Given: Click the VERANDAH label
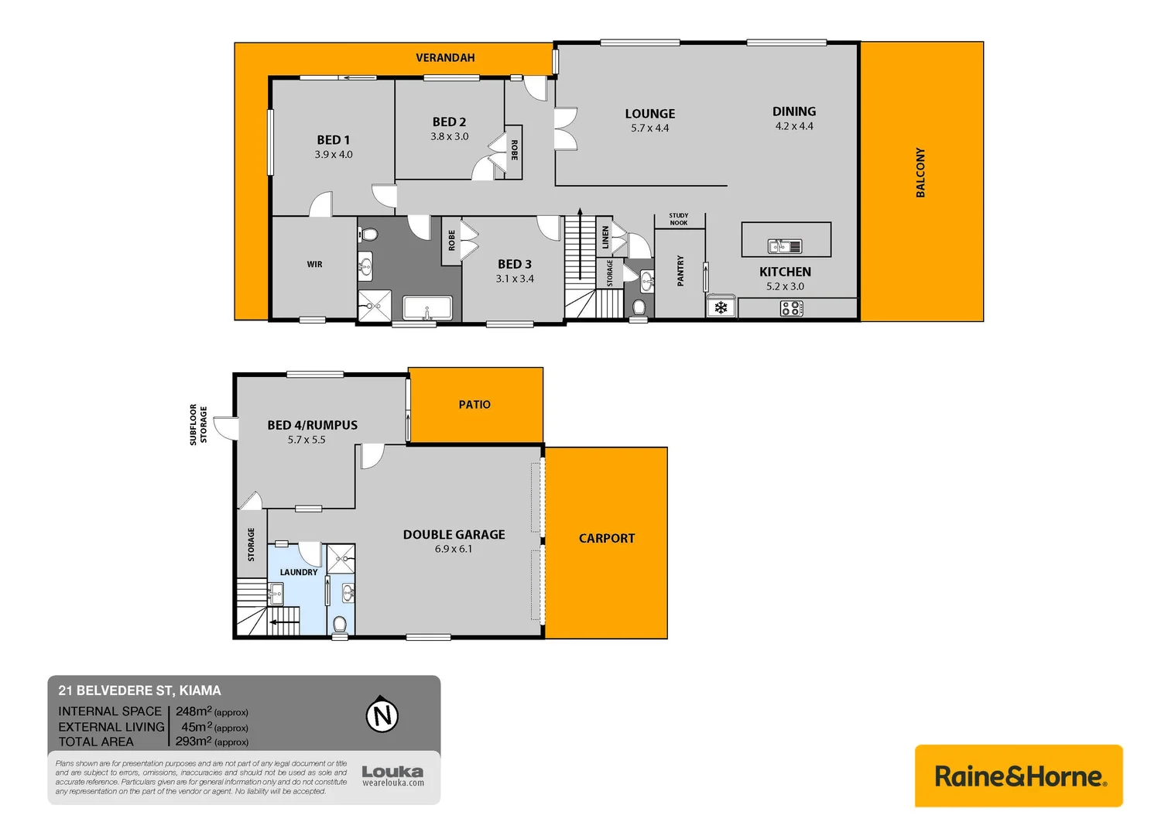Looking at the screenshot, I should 445,58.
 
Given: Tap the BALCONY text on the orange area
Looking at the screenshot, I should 920,173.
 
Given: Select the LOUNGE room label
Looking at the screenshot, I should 649,114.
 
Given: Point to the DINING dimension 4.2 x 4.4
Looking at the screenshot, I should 794,126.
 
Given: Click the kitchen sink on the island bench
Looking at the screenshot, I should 784,246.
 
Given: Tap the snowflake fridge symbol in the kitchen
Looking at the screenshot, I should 721,308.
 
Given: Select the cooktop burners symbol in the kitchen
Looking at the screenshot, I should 791,309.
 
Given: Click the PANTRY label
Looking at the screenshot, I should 680,271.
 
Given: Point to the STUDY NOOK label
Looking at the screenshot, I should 679,219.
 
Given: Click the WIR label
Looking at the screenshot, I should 314,265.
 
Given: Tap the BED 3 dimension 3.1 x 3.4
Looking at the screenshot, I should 515,279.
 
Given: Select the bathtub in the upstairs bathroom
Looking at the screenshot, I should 427,308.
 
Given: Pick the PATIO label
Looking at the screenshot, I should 474,405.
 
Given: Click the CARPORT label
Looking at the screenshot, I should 607,539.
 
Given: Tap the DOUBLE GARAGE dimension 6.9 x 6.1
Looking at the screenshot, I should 454,549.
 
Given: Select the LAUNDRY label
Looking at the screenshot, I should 299,572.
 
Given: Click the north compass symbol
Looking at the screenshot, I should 382,715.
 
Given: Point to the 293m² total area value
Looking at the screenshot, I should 194,742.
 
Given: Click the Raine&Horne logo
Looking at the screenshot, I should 1019,776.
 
